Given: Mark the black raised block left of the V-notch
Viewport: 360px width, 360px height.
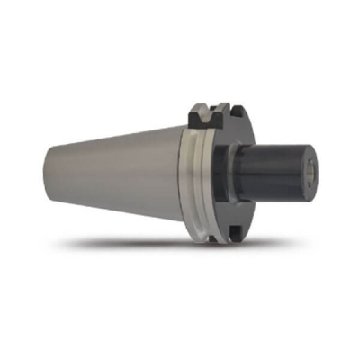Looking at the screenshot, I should click(197, 115).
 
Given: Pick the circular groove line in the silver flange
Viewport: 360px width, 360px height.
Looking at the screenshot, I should click(204, 180).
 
